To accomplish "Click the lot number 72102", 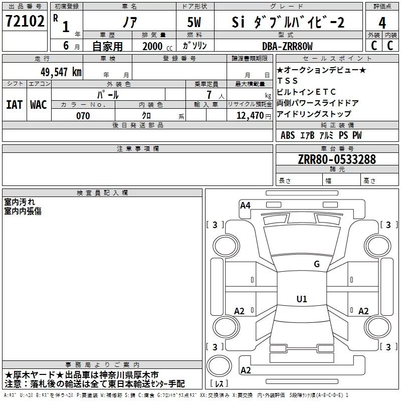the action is pyautogui.click(x=25, y=22).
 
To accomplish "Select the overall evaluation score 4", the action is pyautogui.click(x=382, y=23).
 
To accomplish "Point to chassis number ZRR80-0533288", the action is pyautogui.click(x=336, y=159).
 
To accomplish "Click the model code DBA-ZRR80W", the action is pyautogui.click(x=287, y=46).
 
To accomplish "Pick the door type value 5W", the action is pyautogui.click(x=194, y=22).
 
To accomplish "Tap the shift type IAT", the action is pyautogui.click(x=14, y=104).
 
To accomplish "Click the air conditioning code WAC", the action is pyautogui.click(x=39, y=104).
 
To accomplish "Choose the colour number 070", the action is pyautogui.click(x=83, y=116).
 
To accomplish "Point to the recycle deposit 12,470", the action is pyautogui.click(x=249, y=116).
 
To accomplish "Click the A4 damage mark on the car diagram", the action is pyautogui.click(x=245, y=205).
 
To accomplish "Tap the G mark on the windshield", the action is pyautogui.click(x=316, y=264).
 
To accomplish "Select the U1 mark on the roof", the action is pyautogui.click(x=301, y=299).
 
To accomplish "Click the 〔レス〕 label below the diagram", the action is pyautogui.click(x=220, y=384).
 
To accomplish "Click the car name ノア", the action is pyautogui.click(x=129, y=22).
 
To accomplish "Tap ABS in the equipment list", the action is pyautogui.click(x=288, y=135).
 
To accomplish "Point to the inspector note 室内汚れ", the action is pyautogui.click(x=20, y=202).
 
